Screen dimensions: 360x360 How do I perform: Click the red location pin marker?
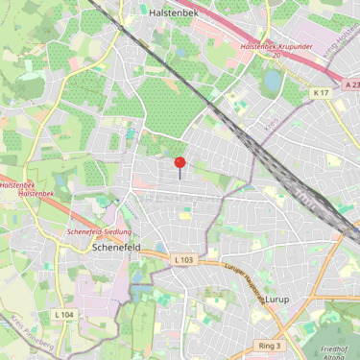pos(180,165)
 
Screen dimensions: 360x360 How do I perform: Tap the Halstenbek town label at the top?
pos(174,12)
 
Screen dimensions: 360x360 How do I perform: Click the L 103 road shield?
pos(183,259)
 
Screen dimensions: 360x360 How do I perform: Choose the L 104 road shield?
pos(63,314)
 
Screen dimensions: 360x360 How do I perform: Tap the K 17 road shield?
pos(320,92)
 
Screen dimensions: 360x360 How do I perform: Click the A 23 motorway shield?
pos(349,84)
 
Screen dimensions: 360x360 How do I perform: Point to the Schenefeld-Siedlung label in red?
pos(99,232)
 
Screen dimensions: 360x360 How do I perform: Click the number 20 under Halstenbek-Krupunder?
pos(276,56)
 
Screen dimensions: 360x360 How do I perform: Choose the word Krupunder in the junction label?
pos(293,46)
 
